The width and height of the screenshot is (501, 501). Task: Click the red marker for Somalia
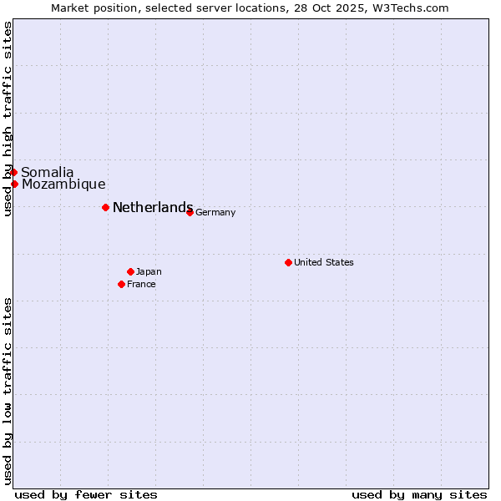click(13, 172)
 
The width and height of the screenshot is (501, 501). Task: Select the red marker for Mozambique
click(14, 184)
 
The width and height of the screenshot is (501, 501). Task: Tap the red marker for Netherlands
click(105, 207)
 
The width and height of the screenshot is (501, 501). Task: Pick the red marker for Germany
click(190, 212)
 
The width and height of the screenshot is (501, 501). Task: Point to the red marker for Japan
click(130, 271)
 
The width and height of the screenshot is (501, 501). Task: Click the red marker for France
click(121, 284)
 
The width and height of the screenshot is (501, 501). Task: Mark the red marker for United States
click(288, 262)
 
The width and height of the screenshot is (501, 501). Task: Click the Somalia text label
click(48, 173)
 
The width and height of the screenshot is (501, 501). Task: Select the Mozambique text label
click(63, 185)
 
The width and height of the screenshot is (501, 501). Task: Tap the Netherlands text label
click(153, 208)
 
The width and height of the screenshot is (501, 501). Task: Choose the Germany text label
click(215, 213)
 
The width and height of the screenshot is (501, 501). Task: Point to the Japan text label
click(149, 272)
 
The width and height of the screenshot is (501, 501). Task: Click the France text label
click(141, 285)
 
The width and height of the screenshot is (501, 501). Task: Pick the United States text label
click(324, 263)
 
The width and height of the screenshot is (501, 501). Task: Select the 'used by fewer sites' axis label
click(86, 495)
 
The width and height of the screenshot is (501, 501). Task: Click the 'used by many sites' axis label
click(419, 495)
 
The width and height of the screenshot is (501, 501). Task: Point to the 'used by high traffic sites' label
click(8, 119)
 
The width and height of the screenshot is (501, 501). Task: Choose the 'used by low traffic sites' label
click(8, 390)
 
